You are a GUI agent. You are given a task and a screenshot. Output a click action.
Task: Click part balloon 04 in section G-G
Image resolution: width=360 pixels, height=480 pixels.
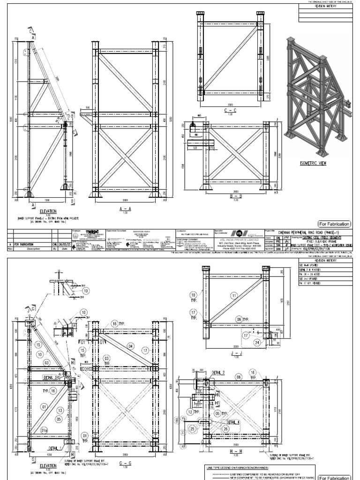tap(131, 346)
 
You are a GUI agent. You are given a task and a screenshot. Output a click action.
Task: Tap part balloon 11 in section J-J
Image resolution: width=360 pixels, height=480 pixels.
tap(234, 295)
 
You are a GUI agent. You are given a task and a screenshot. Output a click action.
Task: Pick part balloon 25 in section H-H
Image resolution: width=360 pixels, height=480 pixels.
tap(192, 429)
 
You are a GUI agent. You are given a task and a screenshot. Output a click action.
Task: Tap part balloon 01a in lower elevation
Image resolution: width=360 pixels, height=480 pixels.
tap(45, 431)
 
